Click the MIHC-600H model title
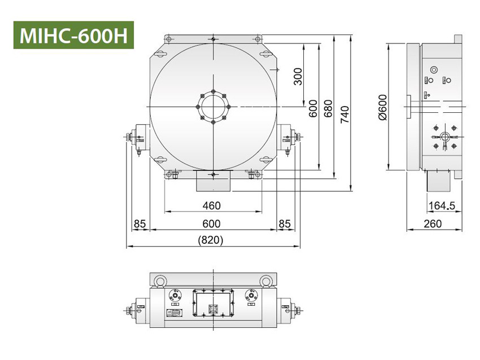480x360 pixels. pos(73,36)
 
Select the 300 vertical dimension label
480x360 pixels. pos(299,76)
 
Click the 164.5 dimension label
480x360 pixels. pos(442,205)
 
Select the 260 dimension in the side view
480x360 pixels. pos(433,223)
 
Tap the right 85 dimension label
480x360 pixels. pos(284,223)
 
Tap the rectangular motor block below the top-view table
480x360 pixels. pos(212,182)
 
